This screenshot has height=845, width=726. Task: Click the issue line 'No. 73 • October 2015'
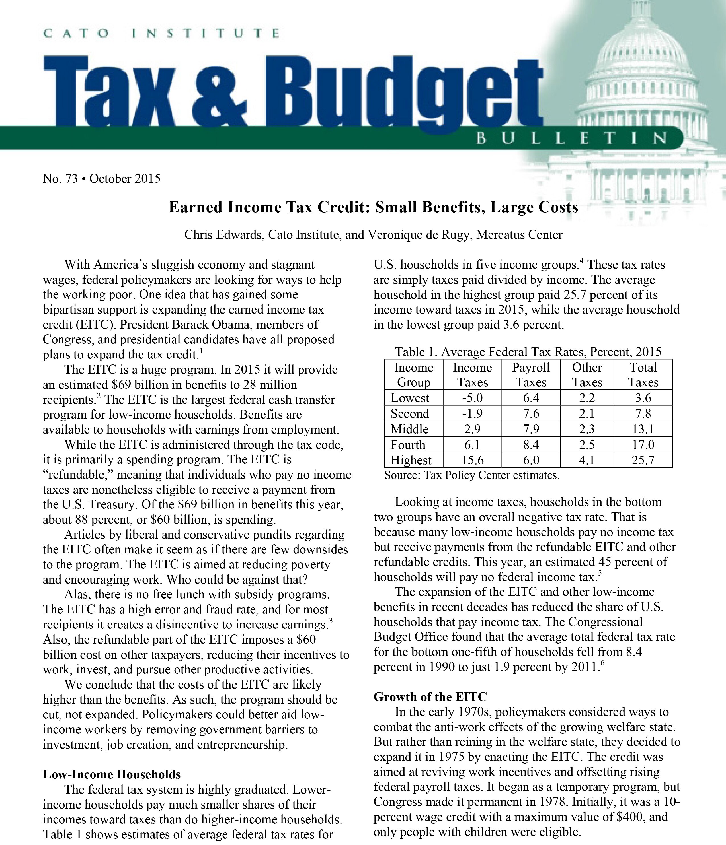[101, 179]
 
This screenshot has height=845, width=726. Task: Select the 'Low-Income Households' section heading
[112, 774]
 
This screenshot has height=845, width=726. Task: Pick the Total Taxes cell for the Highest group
[643, 460]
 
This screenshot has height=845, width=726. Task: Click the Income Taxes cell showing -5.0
[472, 398]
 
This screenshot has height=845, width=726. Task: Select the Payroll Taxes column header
[531, 375]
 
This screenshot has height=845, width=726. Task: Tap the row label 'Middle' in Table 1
[409, 429]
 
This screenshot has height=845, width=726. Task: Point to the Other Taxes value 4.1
[587, 460]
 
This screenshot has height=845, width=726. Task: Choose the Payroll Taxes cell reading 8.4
[531, 444]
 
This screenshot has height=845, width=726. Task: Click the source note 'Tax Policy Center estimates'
[472, 475]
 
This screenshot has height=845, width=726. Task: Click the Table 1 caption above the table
[528, 352]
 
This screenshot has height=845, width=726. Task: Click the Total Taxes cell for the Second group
[643, 413]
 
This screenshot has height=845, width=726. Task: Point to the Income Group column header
[413, 375]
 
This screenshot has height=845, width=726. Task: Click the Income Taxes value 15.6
[472, 460]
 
